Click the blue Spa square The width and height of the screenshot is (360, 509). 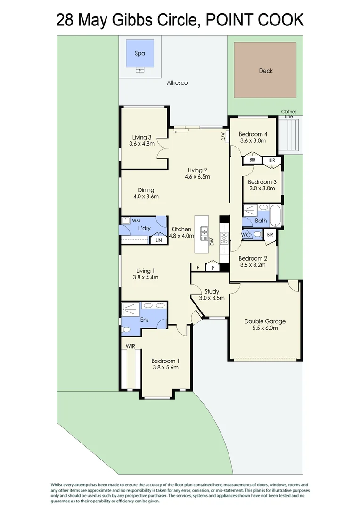tap(140, 53)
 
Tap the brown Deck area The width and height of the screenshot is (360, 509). tap(265, 70)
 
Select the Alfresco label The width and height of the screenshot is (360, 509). tap(177, 83)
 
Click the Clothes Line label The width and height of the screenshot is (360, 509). tap(288, 114)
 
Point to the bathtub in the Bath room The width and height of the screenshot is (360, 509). tap(277, 215)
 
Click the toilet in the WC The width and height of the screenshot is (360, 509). tap(258, 234)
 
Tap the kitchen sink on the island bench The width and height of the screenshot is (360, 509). tap(204, 233)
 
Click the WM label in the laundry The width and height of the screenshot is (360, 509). tap(136, 221)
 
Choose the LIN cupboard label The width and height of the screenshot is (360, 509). tap(159, 240)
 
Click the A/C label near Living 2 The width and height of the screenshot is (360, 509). tap(223, 137)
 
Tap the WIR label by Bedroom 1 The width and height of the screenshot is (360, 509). tap(131, 346)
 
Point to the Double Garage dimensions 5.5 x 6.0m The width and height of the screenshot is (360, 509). tap(265, 328)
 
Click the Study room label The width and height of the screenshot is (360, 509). tap(212, 292)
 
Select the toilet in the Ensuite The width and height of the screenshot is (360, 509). tap(126, 330)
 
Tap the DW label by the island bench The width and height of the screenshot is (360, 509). tap(212, 242)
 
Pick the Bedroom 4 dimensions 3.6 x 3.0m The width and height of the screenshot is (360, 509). tap(253, 140)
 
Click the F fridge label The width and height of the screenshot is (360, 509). tap(198, 268)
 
